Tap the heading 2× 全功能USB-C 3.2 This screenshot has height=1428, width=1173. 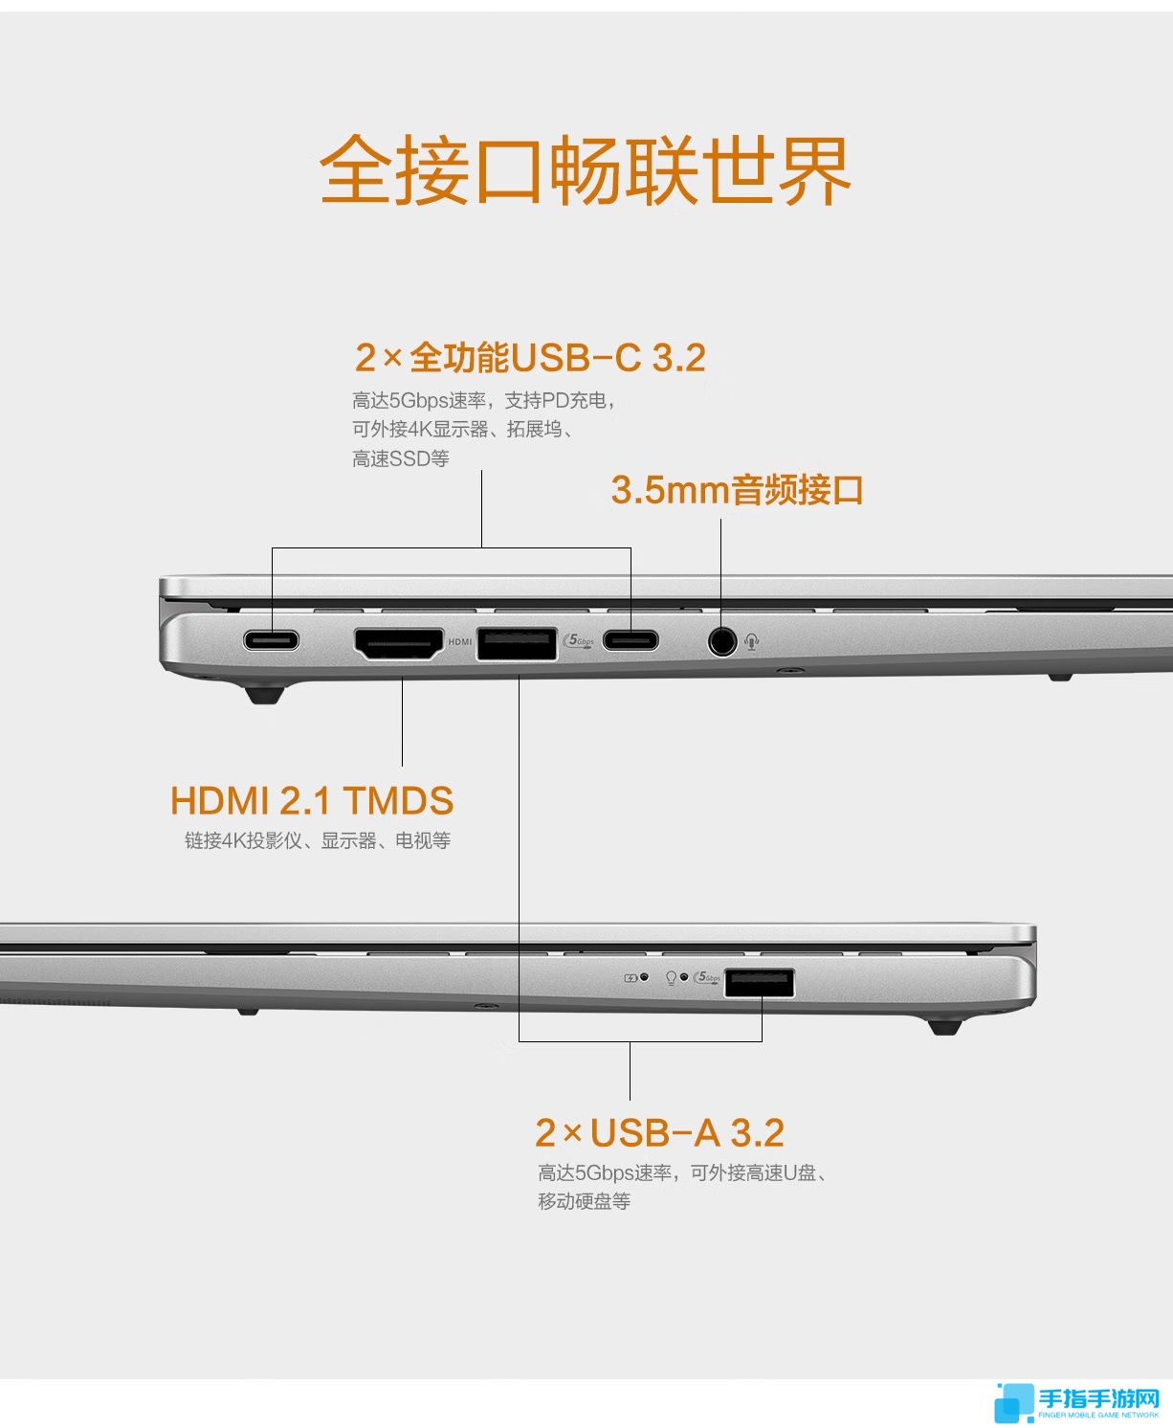point(531,358)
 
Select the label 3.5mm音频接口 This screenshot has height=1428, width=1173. point(737,490)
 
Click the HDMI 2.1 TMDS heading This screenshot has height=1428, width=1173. point(311,800)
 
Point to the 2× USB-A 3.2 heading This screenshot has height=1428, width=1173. point(660,1133)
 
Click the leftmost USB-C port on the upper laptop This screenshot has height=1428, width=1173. point(272,640)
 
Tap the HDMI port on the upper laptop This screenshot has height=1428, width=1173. point(399,644)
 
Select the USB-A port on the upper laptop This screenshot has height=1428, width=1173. point(517,644)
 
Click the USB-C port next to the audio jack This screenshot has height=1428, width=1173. point(631,640)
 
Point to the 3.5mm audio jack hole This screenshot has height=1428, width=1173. point(722,640)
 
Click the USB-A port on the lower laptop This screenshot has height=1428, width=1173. point(759,983)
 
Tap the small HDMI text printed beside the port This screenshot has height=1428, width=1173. point(460,642)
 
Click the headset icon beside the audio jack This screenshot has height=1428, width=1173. point(752,640)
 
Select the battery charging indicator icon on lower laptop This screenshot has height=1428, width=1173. point(631,978)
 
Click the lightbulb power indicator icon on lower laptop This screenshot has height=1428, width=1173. point(671,978)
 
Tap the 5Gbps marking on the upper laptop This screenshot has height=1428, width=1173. point(579,640)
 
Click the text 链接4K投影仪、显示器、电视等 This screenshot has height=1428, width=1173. point(318,841)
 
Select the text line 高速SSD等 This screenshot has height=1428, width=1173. point(401,458)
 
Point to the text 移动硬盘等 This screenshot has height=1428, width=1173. point(585,1200)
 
